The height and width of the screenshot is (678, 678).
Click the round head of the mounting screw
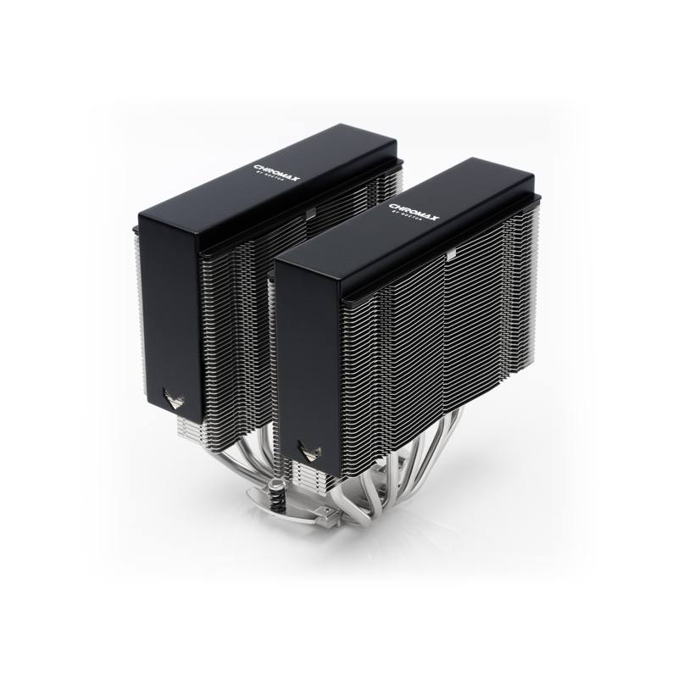(273, 486)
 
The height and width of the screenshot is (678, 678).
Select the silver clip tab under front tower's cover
(452, 253)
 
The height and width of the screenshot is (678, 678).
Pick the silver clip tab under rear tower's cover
(310, 211)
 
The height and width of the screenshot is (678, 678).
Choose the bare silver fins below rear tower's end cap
(186, 424)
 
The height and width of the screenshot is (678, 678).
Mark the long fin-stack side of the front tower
(424, 356)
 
